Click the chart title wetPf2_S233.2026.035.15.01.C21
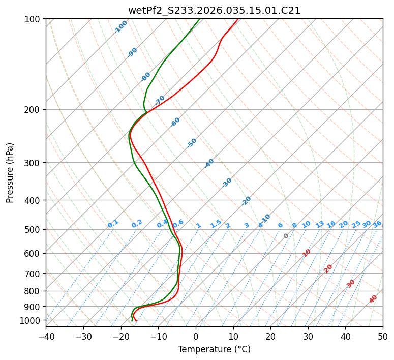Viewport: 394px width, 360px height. click(x=214, y=10)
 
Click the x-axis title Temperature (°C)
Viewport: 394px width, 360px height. click(x=214, y=349)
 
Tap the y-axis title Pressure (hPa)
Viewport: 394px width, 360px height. click(x=10, y=172)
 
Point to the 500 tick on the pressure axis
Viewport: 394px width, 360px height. click(x=34, y=230)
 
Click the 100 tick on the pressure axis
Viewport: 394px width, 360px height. click(x=34, y=19)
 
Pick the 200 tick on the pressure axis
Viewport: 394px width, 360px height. click(x=34, y=110)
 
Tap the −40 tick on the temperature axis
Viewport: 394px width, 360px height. click(x=46, y=336)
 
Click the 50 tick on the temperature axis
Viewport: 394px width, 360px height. click(x=383, y=336)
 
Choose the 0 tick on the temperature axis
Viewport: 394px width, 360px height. click(x=196, y=336)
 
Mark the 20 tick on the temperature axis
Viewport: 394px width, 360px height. click(x=270, y=336)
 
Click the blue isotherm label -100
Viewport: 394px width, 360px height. click(x=120, y=27)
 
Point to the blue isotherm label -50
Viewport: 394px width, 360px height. click(x=192, y=143)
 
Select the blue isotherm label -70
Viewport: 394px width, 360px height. click(x=160, y=100)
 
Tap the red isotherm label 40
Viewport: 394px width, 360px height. click(x=373, y=299)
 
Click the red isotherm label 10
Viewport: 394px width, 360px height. click(x=307, y=253)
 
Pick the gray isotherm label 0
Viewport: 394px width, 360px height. click(x=286, y=236)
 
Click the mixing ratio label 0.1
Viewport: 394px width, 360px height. click(x=113, y=224)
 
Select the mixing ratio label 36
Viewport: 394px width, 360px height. click(x=377, y=224)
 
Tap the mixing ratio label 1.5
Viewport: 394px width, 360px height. click(x=216, y=224)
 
